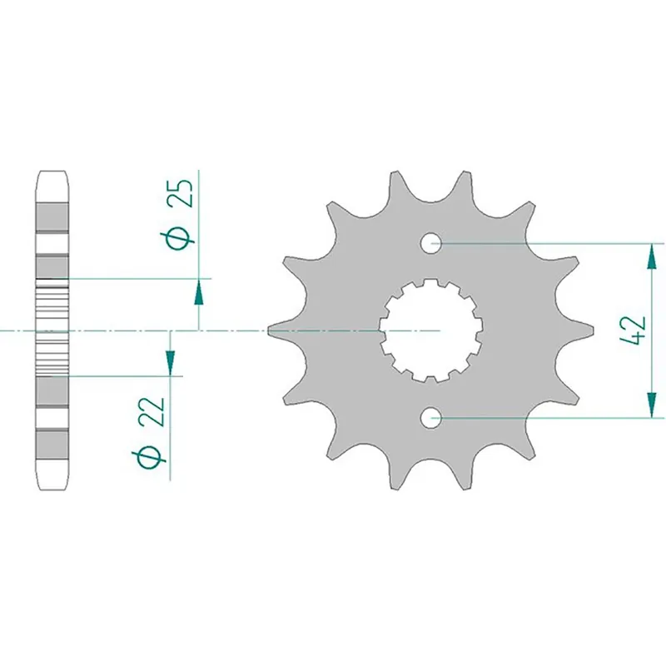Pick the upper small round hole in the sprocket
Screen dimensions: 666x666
430,244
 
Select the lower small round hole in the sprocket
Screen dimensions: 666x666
430,417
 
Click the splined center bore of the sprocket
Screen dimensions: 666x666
428,331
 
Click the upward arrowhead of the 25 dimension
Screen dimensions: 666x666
199,291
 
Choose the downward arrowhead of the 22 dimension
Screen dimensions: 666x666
170,362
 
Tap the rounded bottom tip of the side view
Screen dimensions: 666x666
52,484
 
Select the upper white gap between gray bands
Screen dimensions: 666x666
52,245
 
